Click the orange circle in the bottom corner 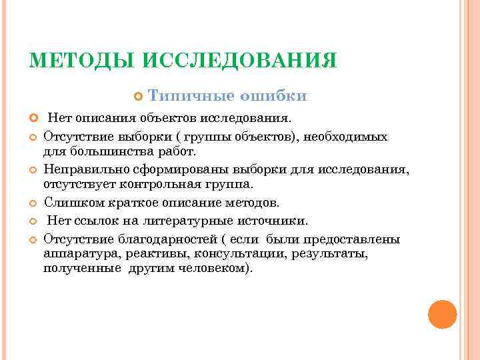click(x=442, y=313)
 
